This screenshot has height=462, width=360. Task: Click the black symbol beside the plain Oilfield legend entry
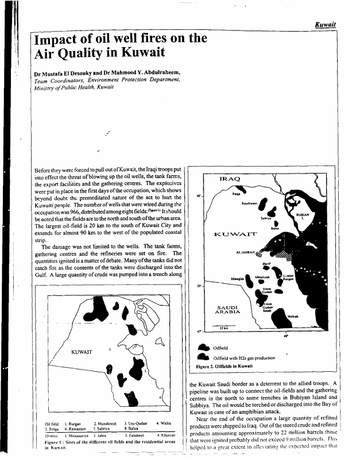(x=204, y=347)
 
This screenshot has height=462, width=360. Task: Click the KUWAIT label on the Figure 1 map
(x=82, y=352)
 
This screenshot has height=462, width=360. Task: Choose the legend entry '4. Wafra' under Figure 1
(x=165, y=423)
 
